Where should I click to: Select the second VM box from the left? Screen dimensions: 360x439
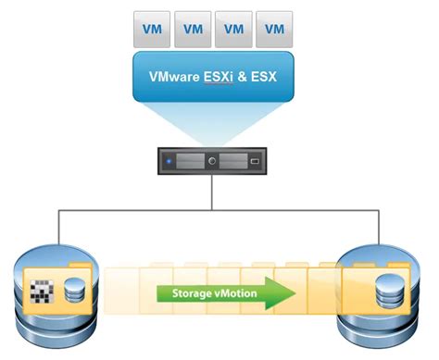point(194,28)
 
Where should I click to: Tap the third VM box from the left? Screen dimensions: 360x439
point(232,28)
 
